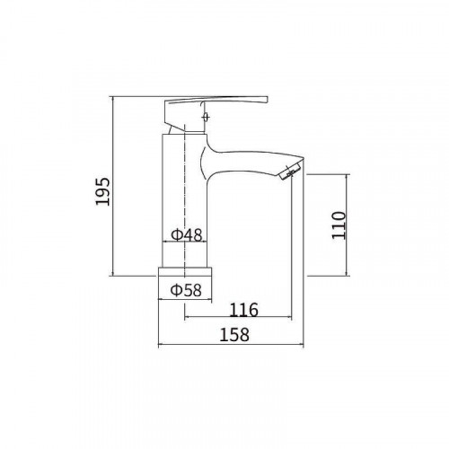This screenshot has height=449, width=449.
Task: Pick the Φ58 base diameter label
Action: click(186, 289)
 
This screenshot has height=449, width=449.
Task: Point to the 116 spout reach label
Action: click(243, 311)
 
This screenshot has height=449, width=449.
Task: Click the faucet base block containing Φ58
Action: click(186, 282)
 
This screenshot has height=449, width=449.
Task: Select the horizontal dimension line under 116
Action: click(238, 318)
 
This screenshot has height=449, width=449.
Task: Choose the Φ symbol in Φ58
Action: click(175, 289)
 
